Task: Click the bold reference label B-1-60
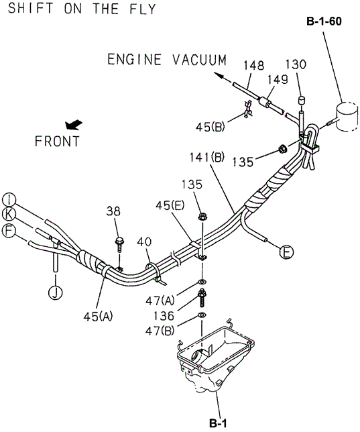click(x=324, y=21)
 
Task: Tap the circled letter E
click(x=286, y=252)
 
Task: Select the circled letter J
click(x=56, y=292)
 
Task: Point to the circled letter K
click(x=9, y=215)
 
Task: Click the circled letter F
click(x=9, y=231)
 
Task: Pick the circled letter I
click(x=9, y=199)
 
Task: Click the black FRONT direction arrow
click(x=74, y=125)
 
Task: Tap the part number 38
click(x=113, y=211)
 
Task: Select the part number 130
click(x=296, y=64)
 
